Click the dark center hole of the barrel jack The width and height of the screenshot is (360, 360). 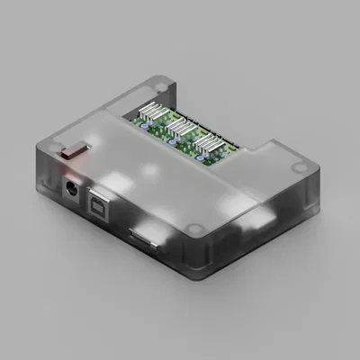tap(68, 190)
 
